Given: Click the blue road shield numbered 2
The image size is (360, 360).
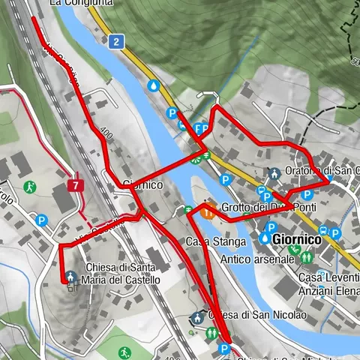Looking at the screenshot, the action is pyautogui.click(x=115, y=41).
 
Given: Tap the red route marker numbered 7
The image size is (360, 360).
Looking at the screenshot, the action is pyautogui.click(x=75, y=184).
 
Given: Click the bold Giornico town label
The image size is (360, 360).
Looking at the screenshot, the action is pyautogui.click(x=297, y=239).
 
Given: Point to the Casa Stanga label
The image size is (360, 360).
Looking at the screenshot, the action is pyautogui.click(x=215, y=241).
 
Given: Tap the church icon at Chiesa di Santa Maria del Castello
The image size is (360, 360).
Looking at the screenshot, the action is pyautogui.click(x=70, y=277).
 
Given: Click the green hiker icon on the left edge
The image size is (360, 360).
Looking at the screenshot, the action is pyautogui.click(x=29, y=186).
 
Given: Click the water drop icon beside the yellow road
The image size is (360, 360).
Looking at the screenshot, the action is pyautogui.click(x=154, y=86).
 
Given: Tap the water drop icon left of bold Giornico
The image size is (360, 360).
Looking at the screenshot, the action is pyautogui.click(x=265, y=238).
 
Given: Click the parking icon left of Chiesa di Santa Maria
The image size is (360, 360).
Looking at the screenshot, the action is pyautogui.click(x=42, y=220).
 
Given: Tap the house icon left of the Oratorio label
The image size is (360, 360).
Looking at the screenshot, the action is pyautogui.click(x=274, y=173).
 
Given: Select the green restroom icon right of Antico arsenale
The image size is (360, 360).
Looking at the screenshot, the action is pyautogui.click(x=306, y=256).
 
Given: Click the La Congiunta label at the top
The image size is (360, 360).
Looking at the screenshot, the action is pyautogui.click(x=81, y=3).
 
